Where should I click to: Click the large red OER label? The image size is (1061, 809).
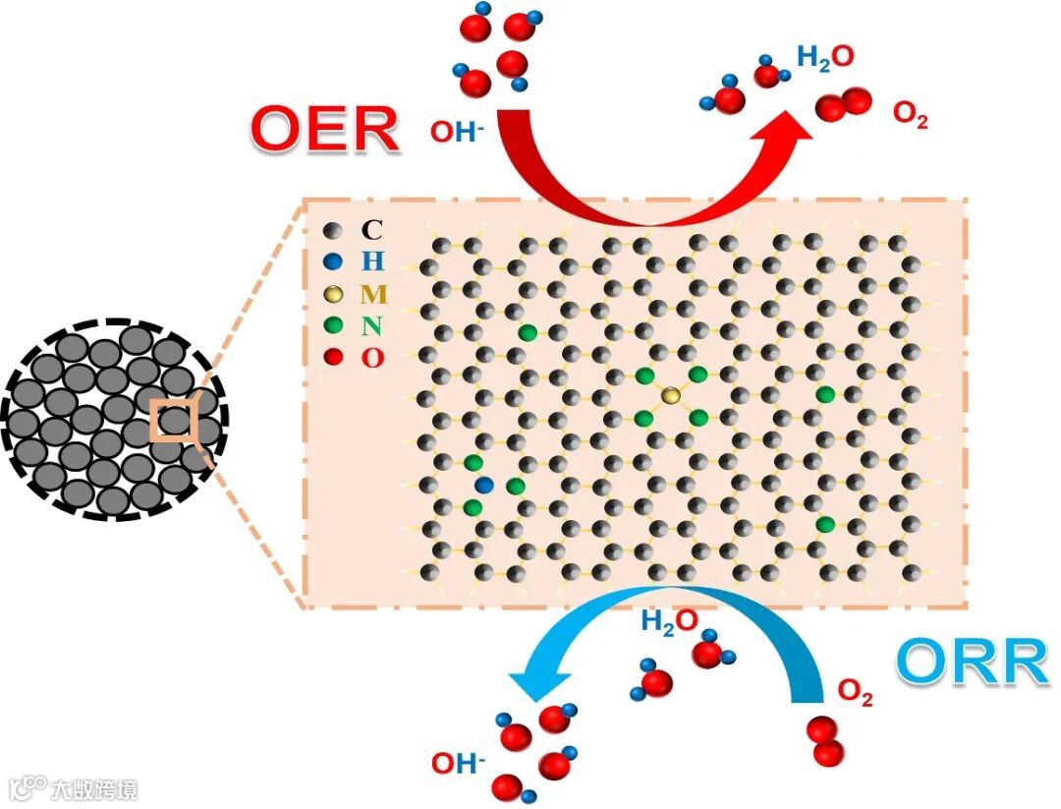point(325,129)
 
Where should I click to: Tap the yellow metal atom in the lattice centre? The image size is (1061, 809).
point(671,395)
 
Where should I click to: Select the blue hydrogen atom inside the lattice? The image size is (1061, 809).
point(483,485)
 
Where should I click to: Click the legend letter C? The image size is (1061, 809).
point(371,230)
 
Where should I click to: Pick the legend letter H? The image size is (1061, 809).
point(372,261)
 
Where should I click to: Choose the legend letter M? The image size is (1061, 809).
point(373,294)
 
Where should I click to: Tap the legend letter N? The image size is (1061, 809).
point(372,326)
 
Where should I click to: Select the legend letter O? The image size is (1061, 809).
point(372,358)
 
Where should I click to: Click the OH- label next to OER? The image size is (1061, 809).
point(458,131)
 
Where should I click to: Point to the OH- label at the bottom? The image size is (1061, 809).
point(459,762)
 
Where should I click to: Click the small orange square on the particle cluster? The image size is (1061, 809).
point(174,421)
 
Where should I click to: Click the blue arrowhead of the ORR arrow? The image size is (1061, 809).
point(530,684)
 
